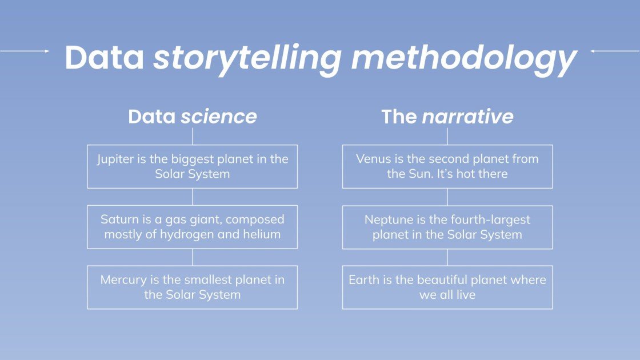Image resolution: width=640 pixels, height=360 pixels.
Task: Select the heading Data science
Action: click(x=192, y=117)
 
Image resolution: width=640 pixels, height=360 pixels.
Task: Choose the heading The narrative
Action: click(x=447, y=117)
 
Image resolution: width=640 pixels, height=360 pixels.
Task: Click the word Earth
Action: click(x=363, y=280)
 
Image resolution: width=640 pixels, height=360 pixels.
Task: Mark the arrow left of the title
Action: click(x=26, y=51)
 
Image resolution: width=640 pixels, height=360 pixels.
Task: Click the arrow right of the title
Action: click(x=614, y=51)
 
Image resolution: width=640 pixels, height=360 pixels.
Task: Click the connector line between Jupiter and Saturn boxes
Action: click(x=193, y=197)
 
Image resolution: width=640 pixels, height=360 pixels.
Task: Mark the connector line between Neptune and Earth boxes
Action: click(x=447, y=257)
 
